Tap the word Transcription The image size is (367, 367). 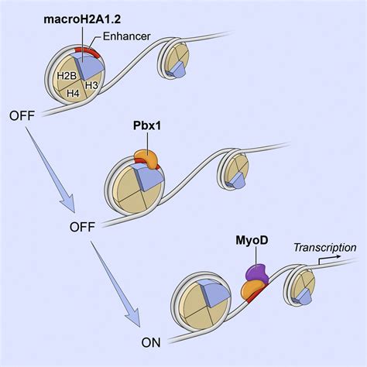(x=325, y=247)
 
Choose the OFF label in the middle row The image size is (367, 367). (x=82, y=228)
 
